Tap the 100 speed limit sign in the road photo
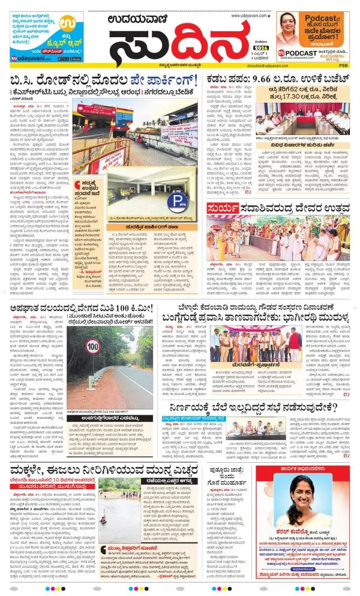[92, 346]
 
